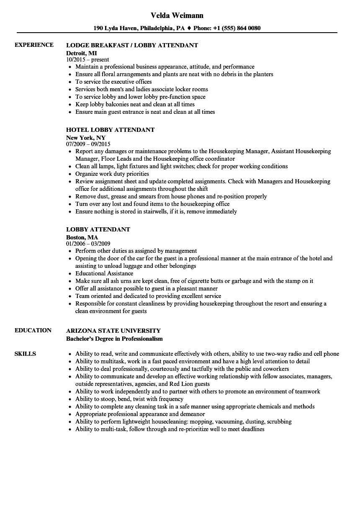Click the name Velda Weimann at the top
point(177,15)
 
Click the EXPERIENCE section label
point(34,45)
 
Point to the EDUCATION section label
point(33,330)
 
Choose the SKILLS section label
point(25,354)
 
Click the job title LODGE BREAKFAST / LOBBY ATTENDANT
point(132,45)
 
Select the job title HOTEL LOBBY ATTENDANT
point(110,130)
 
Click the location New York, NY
point(86,137)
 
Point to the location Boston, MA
point(82,237)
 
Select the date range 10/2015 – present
point(87,60)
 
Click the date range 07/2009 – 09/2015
point(88,144)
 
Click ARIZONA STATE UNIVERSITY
point(113,331)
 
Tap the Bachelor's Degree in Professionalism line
point(114,338)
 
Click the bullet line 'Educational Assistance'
point(104,273)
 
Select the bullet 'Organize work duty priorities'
point(112,174)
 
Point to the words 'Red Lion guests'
point(190,384)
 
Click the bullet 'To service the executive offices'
point(113,82)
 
